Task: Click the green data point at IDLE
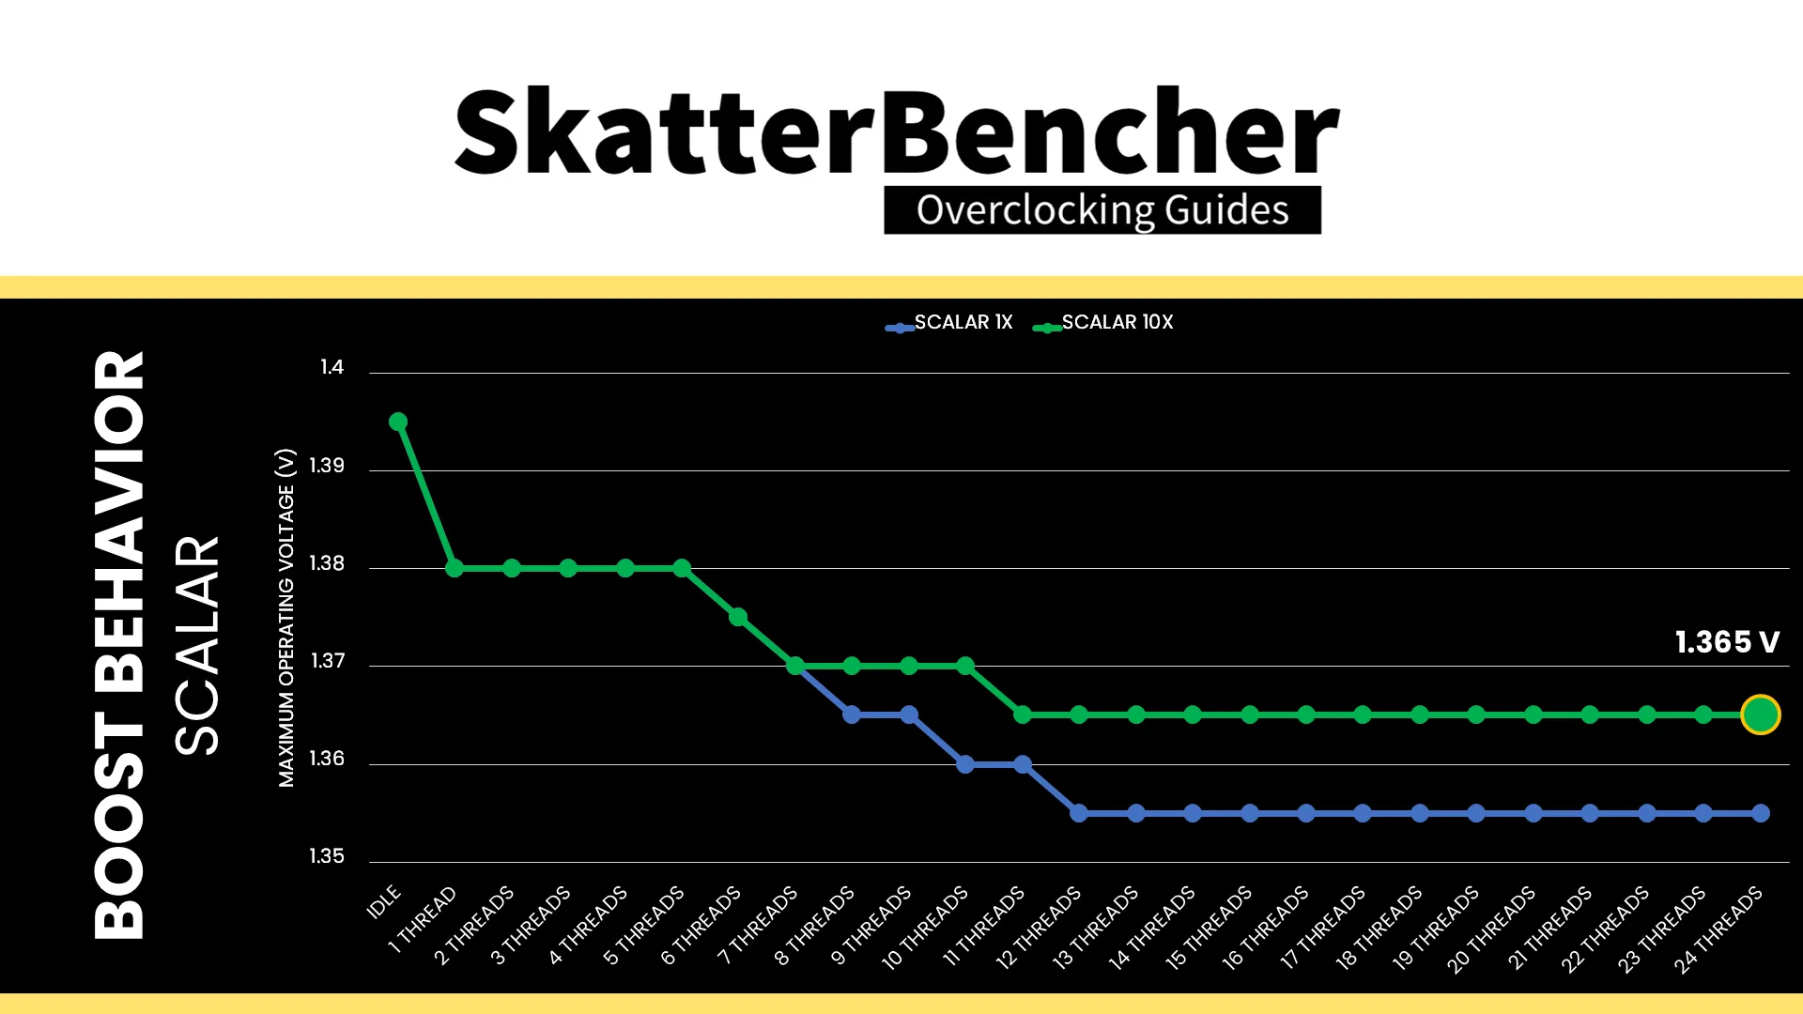tap(398, 422)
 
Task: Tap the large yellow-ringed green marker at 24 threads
tap(1760, 714)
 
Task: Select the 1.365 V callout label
tap(1727, 642)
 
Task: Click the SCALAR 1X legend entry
tap(948, 322)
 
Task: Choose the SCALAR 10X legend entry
tap(1102, 322)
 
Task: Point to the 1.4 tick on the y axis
tap(331, 367)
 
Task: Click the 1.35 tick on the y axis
tap(327, 856)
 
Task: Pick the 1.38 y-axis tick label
tap(327, 563)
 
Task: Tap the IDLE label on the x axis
tap(383, 901)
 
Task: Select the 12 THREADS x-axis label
tap(1039, 928)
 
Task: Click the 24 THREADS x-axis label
tap(1718, 930)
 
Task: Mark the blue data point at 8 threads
tap(852, 714)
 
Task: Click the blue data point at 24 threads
tap(1760, 813)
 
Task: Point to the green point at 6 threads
tap(738, 617)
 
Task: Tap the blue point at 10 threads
tap(965, 764)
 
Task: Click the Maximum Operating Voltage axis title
tap(286, 618)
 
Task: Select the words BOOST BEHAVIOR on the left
tap(119, 645)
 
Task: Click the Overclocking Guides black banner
tap(1102, 210)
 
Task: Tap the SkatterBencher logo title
tap(897, 131)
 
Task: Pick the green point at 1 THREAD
tap(455, 568)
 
